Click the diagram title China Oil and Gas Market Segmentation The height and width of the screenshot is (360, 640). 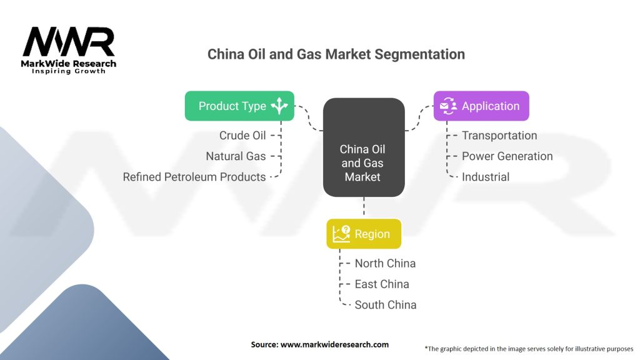pos(336,54)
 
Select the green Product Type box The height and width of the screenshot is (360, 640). pos(239,106)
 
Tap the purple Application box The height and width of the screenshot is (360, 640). pos(481,106)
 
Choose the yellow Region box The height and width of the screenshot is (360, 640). pos(364,234)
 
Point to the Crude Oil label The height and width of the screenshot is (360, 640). pos(242,136)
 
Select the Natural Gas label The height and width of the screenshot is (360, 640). pos(236,156)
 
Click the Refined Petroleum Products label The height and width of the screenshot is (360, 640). pos(194,177)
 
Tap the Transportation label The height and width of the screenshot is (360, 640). pos(499,136)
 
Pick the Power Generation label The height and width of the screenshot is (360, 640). pos(507,156)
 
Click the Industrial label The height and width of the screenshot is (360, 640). pos(486,177)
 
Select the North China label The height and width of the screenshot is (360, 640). pos(385,263)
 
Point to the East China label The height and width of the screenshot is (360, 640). pos(382,284)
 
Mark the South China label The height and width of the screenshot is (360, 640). pos(385,305)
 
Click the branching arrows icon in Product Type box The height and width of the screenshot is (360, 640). pos(279,106)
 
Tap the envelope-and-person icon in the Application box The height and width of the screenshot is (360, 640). pos(448,106)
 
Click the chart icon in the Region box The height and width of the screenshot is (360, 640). pos(341,234)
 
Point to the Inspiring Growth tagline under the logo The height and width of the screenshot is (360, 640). pos(69,72)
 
